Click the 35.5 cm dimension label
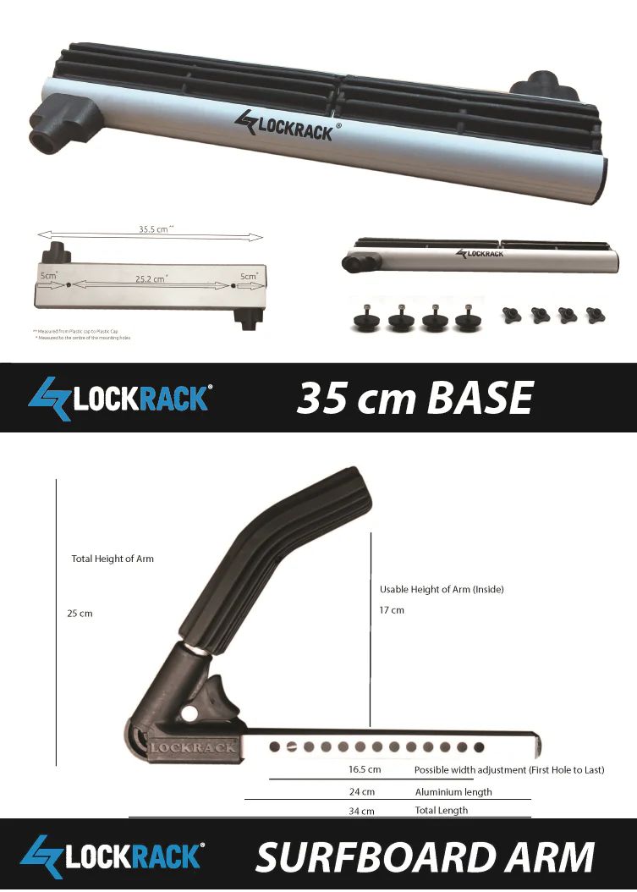click(155, 229)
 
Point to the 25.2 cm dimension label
click(151, 278)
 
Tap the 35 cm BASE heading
click(415, 397)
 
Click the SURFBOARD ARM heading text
click(425, 856)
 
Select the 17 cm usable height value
click(392, 610)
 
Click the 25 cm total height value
click(80, 614)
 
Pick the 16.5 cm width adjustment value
click(365, 770)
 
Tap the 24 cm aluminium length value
click(362, 792)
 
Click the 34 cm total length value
click(361, 811)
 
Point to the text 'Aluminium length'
click(453, 792)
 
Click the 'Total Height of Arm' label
click(113, 559)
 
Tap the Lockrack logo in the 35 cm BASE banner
click(119, 398)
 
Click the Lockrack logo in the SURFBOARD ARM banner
click(113, 856)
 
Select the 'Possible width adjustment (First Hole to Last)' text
click(508, 770)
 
